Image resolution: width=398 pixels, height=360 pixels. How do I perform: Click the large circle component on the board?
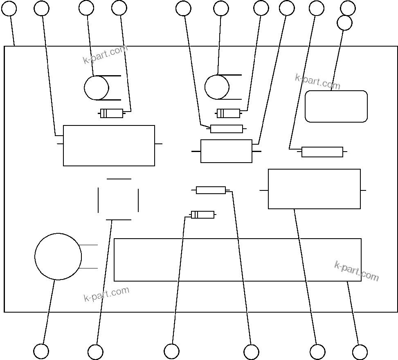58,257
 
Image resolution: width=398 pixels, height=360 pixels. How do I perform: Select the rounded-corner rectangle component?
336,106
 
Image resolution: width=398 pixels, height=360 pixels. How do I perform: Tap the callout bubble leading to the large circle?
41,351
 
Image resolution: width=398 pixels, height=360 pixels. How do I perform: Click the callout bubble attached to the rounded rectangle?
344,23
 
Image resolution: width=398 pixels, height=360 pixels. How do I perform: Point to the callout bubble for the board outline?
9,8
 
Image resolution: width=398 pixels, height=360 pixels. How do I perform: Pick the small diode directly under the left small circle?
112,114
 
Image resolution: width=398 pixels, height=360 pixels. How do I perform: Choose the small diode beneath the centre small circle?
228,113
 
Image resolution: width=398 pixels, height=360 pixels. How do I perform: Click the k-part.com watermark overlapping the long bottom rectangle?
356,271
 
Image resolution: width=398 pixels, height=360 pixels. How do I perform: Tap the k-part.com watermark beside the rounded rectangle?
317,82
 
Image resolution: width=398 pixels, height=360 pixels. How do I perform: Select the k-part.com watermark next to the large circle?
106,294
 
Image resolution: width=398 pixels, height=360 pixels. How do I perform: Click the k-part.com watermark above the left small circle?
106,55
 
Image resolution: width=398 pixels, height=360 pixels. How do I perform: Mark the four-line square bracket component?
118,199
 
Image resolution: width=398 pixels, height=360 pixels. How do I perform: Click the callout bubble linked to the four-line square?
95,352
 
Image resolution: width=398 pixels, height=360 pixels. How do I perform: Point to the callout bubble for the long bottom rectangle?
360,352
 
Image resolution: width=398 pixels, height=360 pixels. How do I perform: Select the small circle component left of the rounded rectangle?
217,87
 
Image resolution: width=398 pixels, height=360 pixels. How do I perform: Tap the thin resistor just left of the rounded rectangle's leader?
322,152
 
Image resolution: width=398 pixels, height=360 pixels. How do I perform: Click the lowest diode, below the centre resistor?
202,215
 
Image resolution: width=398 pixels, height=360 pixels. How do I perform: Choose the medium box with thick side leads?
226,151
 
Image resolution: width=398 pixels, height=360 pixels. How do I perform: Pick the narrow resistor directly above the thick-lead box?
226,129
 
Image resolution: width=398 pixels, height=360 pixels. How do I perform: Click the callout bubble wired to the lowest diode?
171,351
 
